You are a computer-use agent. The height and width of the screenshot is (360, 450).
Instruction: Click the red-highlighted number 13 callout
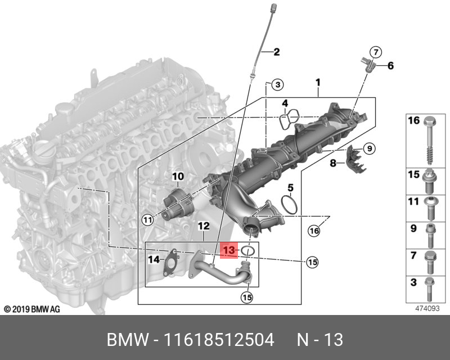pos(229,249)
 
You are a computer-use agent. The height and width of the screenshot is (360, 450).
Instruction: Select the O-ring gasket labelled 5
pos(289,205)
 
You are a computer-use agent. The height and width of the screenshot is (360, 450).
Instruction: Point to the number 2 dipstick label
pos(276,53)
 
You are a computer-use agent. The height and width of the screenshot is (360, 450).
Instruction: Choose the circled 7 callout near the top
pos(376,52)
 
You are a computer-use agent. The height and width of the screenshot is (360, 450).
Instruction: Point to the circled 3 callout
pos(276,85)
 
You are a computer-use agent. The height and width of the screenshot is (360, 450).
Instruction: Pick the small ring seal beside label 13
pos(249,249)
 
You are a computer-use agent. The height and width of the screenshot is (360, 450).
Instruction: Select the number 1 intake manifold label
pos(318,82)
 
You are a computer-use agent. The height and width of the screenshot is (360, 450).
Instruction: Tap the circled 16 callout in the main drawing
pos(313,229)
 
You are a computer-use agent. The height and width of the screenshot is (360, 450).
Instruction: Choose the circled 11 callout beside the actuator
pos(147,220)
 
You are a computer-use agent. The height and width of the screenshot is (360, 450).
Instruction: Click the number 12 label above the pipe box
pos(203,226)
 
